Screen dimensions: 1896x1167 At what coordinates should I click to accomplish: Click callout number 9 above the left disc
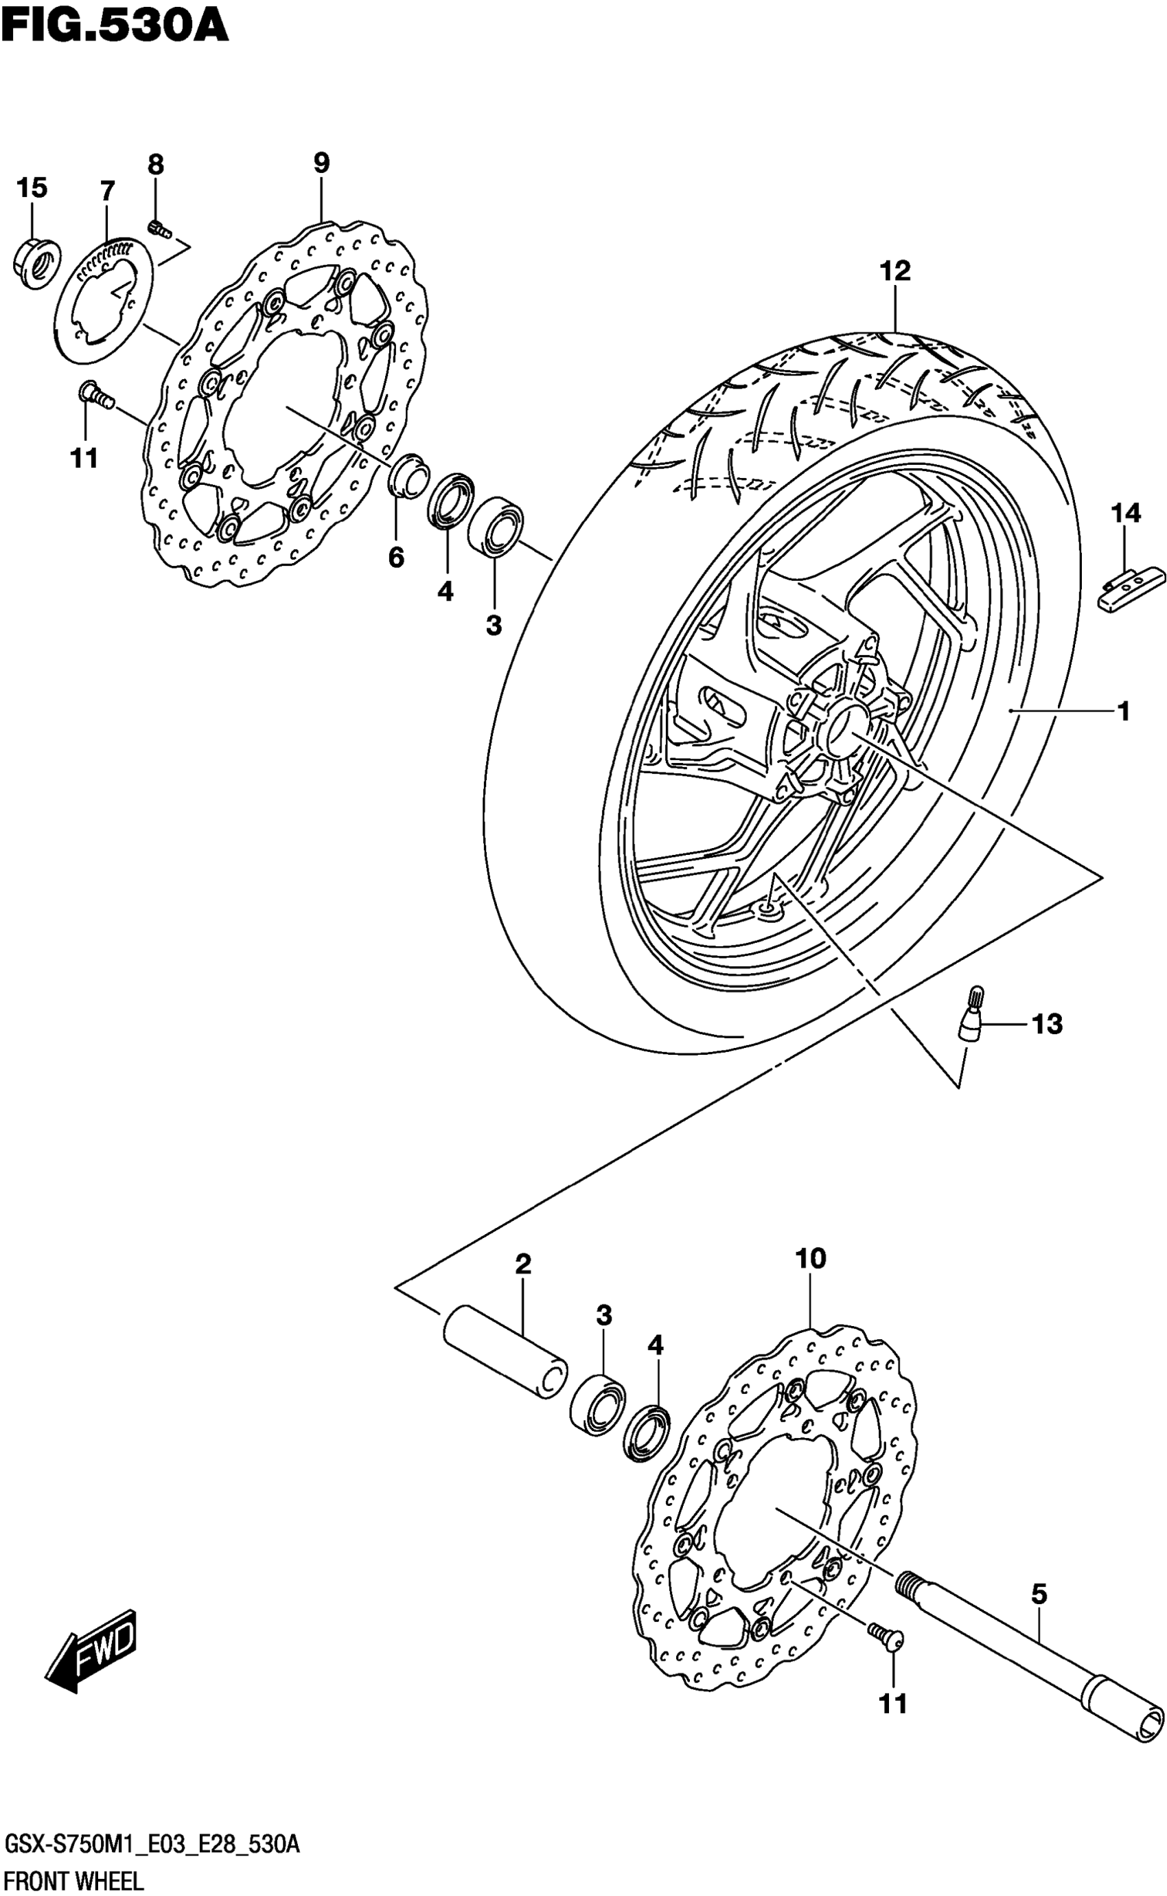[321, 163]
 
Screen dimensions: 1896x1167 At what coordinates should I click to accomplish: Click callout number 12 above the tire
[894, 271]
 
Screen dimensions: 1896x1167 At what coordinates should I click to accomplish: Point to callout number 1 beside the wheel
[1124, 711]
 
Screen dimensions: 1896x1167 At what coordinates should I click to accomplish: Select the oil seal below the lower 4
[645, 1435]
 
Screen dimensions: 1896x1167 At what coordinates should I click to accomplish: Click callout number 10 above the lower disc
[811, 1259]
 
